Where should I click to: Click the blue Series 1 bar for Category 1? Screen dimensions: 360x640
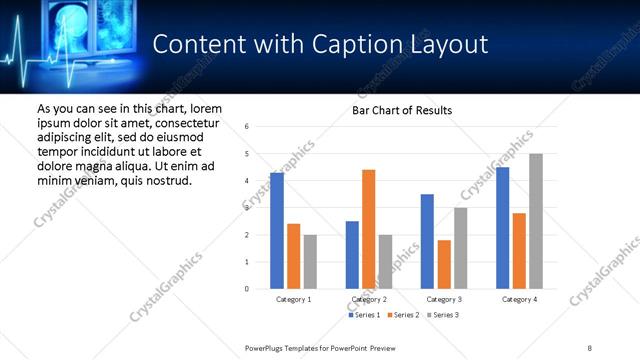click(x=277, y=231)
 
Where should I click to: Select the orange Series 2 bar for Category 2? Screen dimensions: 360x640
click(x=369, y=229)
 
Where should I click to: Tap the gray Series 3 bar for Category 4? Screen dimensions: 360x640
click(x=536, y=221)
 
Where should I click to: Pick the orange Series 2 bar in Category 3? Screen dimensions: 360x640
click(x=444, y=264)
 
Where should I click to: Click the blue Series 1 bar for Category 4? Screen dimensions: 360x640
click(x=503, y=228)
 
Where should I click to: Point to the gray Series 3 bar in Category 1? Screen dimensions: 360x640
click(x=310, y=262)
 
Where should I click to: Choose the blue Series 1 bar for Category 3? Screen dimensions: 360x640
click(x=427, y=241)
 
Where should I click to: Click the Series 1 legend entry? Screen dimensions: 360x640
click(x=364, y=315)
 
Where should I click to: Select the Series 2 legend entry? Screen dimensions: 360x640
click(x=404, y=315)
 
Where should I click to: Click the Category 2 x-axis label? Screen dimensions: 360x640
click(x=369, y=299)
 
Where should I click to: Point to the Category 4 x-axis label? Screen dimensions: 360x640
click(x=519, y=299)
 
